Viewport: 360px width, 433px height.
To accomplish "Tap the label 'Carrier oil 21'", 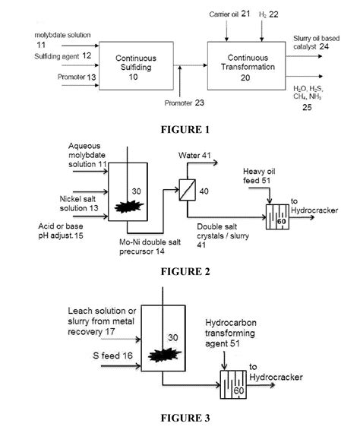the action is click(x=229, y=14).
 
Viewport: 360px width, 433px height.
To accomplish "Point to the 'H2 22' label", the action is click(x=269, y=14).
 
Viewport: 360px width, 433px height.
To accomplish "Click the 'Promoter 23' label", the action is click(x=184, y=103).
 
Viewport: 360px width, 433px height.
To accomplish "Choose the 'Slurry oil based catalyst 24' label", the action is click(x=317, y=43).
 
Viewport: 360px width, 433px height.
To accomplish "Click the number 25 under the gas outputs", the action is click(x=307, y=107).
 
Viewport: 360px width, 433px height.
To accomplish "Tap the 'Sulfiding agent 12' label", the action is click(x=63, y=56).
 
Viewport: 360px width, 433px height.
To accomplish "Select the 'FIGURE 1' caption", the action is click(x=185, y=129).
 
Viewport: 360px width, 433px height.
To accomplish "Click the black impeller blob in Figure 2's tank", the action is click(x=129, y=207).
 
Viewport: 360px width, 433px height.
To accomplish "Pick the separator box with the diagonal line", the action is click(x=187, y=190).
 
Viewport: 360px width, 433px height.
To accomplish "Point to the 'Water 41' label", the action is click(x=194, y=155).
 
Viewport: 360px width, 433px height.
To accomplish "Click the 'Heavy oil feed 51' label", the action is click(x=259, y=176).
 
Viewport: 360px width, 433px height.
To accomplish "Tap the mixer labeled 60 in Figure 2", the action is click(x=277, y=217).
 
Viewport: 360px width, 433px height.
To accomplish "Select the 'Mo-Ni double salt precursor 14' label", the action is click(x=150, y=247).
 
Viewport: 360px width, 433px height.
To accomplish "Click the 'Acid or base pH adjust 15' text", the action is click(x=61, y=231).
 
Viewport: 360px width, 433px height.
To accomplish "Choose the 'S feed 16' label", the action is click(x=112, y=356).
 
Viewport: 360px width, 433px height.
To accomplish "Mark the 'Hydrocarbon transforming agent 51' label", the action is click(x=231, y=333).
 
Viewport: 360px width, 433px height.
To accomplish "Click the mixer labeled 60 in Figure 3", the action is click(x=233, y=384).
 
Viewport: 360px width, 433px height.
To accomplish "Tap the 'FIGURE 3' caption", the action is click(x=185, y=418).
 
